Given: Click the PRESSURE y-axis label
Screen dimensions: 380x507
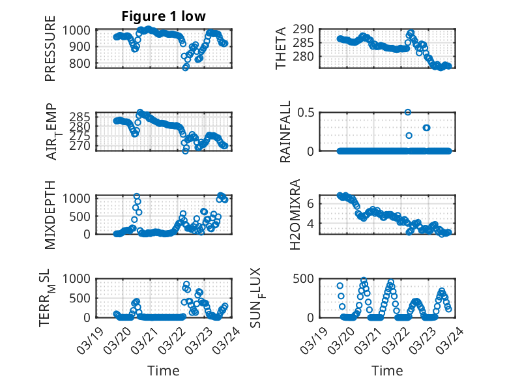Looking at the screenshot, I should [50, 53].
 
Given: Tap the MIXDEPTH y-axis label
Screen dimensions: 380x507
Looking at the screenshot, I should [50, 214].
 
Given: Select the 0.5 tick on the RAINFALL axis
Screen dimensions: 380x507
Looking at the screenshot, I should [306, 112].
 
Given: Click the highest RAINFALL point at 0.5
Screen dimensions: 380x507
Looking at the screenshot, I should [408, 112].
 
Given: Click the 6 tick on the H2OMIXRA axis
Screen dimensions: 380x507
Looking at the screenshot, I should [311, 203].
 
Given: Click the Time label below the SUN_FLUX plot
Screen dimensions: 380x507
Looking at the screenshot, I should [387, 370].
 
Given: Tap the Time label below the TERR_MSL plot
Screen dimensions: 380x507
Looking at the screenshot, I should [164, 370].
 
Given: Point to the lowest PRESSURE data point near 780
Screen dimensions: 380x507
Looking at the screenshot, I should [186, 67].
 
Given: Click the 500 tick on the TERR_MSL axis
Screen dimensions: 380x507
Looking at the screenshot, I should [82, 298].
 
